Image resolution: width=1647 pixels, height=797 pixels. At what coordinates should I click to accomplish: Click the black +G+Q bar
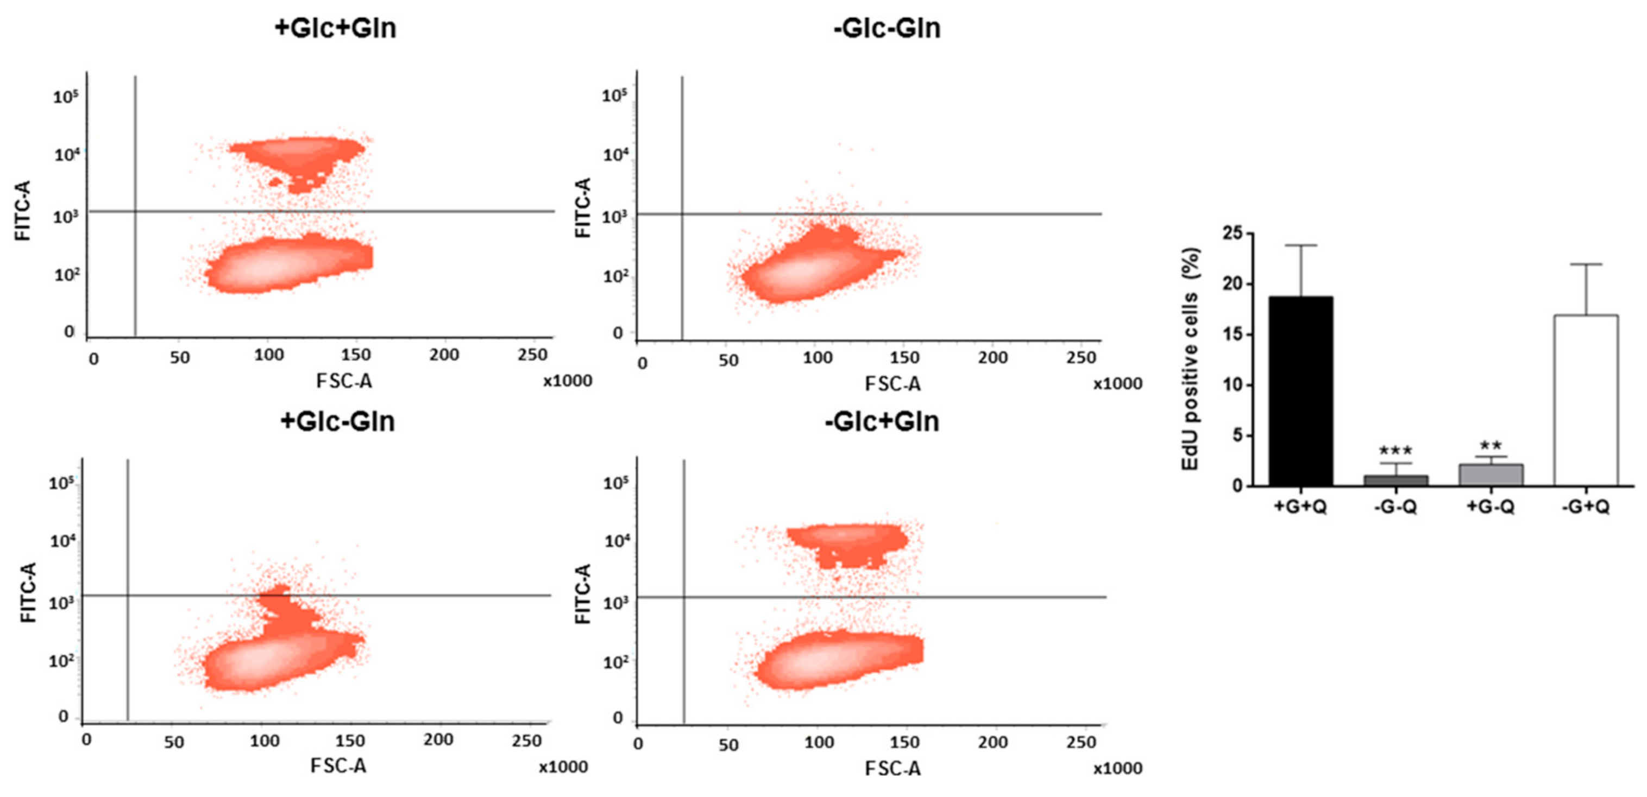[x=1300, y=391]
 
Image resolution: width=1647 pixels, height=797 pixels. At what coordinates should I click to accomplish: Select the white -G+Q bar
[x=1586, y=401]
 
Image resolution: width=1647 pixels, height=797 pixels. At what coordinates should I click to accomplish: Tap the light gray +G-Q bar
[x=1491, y=476]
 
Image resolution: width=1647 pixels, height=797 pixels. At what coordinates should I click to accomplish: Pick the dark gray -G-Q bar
[x=1395, y=480]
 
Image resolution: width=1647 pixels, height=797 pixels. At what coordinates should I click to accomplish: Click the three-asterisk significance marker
[x=1395, y=451]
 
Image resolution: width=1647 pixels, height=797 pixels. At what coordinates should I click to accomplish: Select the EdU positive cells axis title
[x=1190, y=359]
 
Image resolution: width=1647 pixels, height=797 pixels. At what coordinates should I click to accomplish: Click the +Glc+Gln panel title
[x=335, y=28]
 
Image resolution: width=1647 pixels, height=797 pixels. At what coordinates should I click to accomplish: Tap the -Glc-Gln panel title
[x=887, y=28]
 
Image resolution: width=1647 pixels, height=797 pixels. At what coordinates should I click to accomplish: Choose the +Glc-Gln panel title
[x=337, y=422]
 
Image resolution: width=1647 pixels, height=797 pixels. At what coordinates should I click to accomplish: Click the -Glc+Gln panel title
[x=882, y=422]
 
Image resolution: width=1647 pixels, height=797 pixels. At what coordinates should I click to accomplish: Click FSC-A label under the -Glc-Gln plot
[x=892, y=384]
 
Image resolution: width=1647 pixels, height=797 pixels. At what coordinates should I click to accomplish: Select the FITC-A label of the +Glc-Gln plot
[x=28, y=592]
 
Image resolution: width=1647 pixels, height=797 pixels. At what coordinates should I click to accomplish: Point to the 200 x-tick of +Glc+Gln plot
[x=444, y=355]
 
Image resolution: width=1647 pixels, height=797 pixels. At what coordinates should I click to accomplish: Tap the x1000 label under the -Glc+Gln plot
[x=1117, y=768]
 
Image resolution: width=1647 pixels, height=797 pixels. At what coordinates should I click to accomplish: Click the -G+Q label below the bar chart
[x=1586, y=508]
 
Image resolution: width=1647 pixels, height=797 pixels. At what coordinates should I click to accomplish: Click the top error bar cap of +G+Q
[x=1300, y=245]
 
